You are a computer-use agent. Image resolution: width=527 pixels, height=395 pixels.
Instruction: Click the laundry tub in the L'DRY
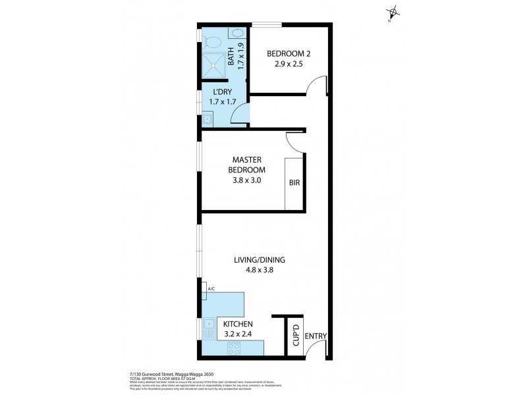pos(207,119)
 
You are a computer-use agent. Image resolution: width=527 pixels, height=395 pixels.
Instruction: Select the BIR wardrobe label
pos(294,184)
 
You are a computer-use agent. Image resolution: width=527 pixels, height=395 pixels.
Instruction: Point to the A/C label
pos(211,289)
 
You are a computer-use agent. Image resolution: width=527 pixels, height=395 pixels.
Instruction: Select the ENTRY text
pos(316,336)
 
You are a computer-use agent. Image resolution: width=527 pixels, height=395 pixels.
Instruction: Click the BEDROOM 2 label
pos(288,53)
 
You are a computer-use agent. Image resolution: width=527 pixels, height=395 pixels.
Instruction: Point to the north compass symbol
pos(393,12)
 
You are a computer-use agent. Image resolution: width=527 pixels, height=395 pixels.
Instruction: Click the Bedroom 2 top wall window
pos(267,25)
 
